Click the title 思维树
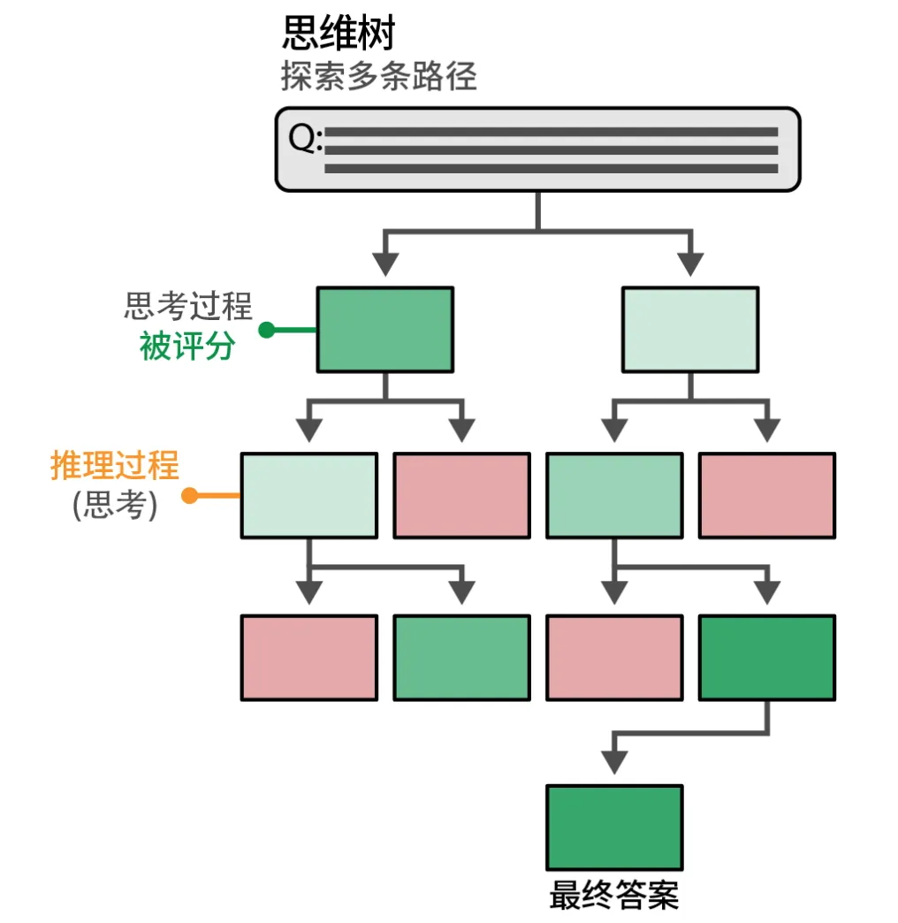[338, 33]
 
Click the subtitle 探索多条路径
[379, 77]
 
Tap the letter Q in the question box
[304, 137]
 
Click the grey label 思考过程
[188, 307]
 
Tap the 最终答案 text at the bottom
[614, 895]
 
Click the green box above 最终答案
[614, 828]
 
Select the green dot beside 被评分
[266, 330]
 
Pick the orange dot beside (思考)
[189, 496]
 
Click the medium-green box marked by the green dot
[385, 329]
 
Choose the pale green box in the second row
[690, 329]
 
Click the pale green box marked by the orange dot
[309, 495]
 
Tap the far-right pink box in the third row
[766, 495]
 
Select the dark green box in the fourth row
[766, 658]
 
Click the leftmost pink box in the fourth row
[309, 658]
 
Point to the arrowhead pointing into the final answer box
[614, 762]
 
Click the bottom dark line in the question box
[551, 169]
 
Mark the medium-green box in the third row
[614, 495]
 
